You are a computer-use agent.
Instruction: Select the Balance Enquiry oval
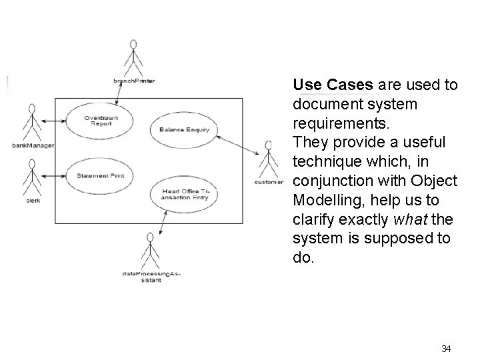(x=184, y=129)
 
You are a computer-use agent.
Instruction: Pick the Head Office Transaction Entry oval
(x=185, y=194)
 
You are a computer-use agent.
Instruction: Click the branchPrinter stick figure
(x=133, y=58)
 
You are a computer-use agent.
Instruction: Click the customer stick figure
(x=269, y=158)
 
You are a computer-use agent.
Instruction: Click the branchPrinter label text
(x=134, y=81)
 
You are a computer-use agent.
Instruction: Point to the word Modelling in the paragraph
(x=323, y=199)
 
